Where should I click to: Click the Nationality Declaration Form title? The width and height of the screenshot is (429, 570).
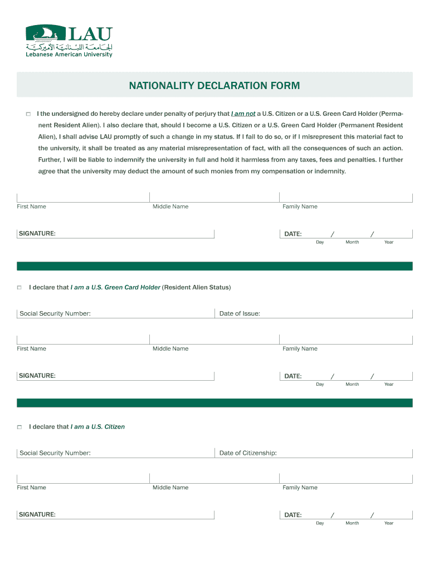click(x=214, y=86)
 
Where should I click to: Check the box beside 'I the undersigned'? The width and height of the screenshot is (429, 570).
click(x=27, y=114)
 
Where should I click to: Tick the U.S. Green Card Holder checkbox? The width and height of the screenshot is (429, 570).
click(x=19, y=288)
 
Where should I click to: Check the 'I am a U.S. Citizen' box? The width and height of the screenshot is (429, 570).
click(x=19, y=427)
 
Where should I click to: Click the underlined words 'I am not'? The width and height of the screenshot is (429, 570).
click(x=243, y=114)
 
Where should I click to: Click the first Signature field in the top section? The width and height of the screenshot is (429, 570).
click(x=134, y=233)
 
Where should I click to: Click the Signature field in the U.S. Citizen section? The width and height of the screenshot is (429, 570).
click(x=134, y=514)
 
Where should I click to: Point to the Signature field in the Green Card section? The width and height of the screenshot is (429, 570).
click(x=134, y=376)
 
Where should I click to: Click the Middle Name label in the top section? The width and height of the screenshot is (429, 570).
click(x=170, y=207)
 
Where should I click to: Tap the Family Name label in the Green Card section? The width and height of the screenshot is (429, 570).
click(x=300, y=349)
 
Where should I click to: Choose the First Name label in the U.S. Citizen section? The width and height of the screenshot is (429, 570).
click(x=31, y=488)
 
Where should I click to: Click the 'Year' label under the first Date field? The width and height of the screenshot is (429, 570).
click(x=389, y=242)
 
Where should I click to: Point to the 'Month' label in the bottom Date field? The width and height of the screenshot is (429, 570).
click(x=352, y=523)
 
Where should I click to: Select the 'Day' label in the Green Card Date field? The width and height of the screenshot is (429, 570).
click(x=320, y=385)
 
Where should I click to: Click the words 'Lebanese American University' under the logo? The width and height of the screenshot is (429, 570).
click(x=69, y=55)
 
